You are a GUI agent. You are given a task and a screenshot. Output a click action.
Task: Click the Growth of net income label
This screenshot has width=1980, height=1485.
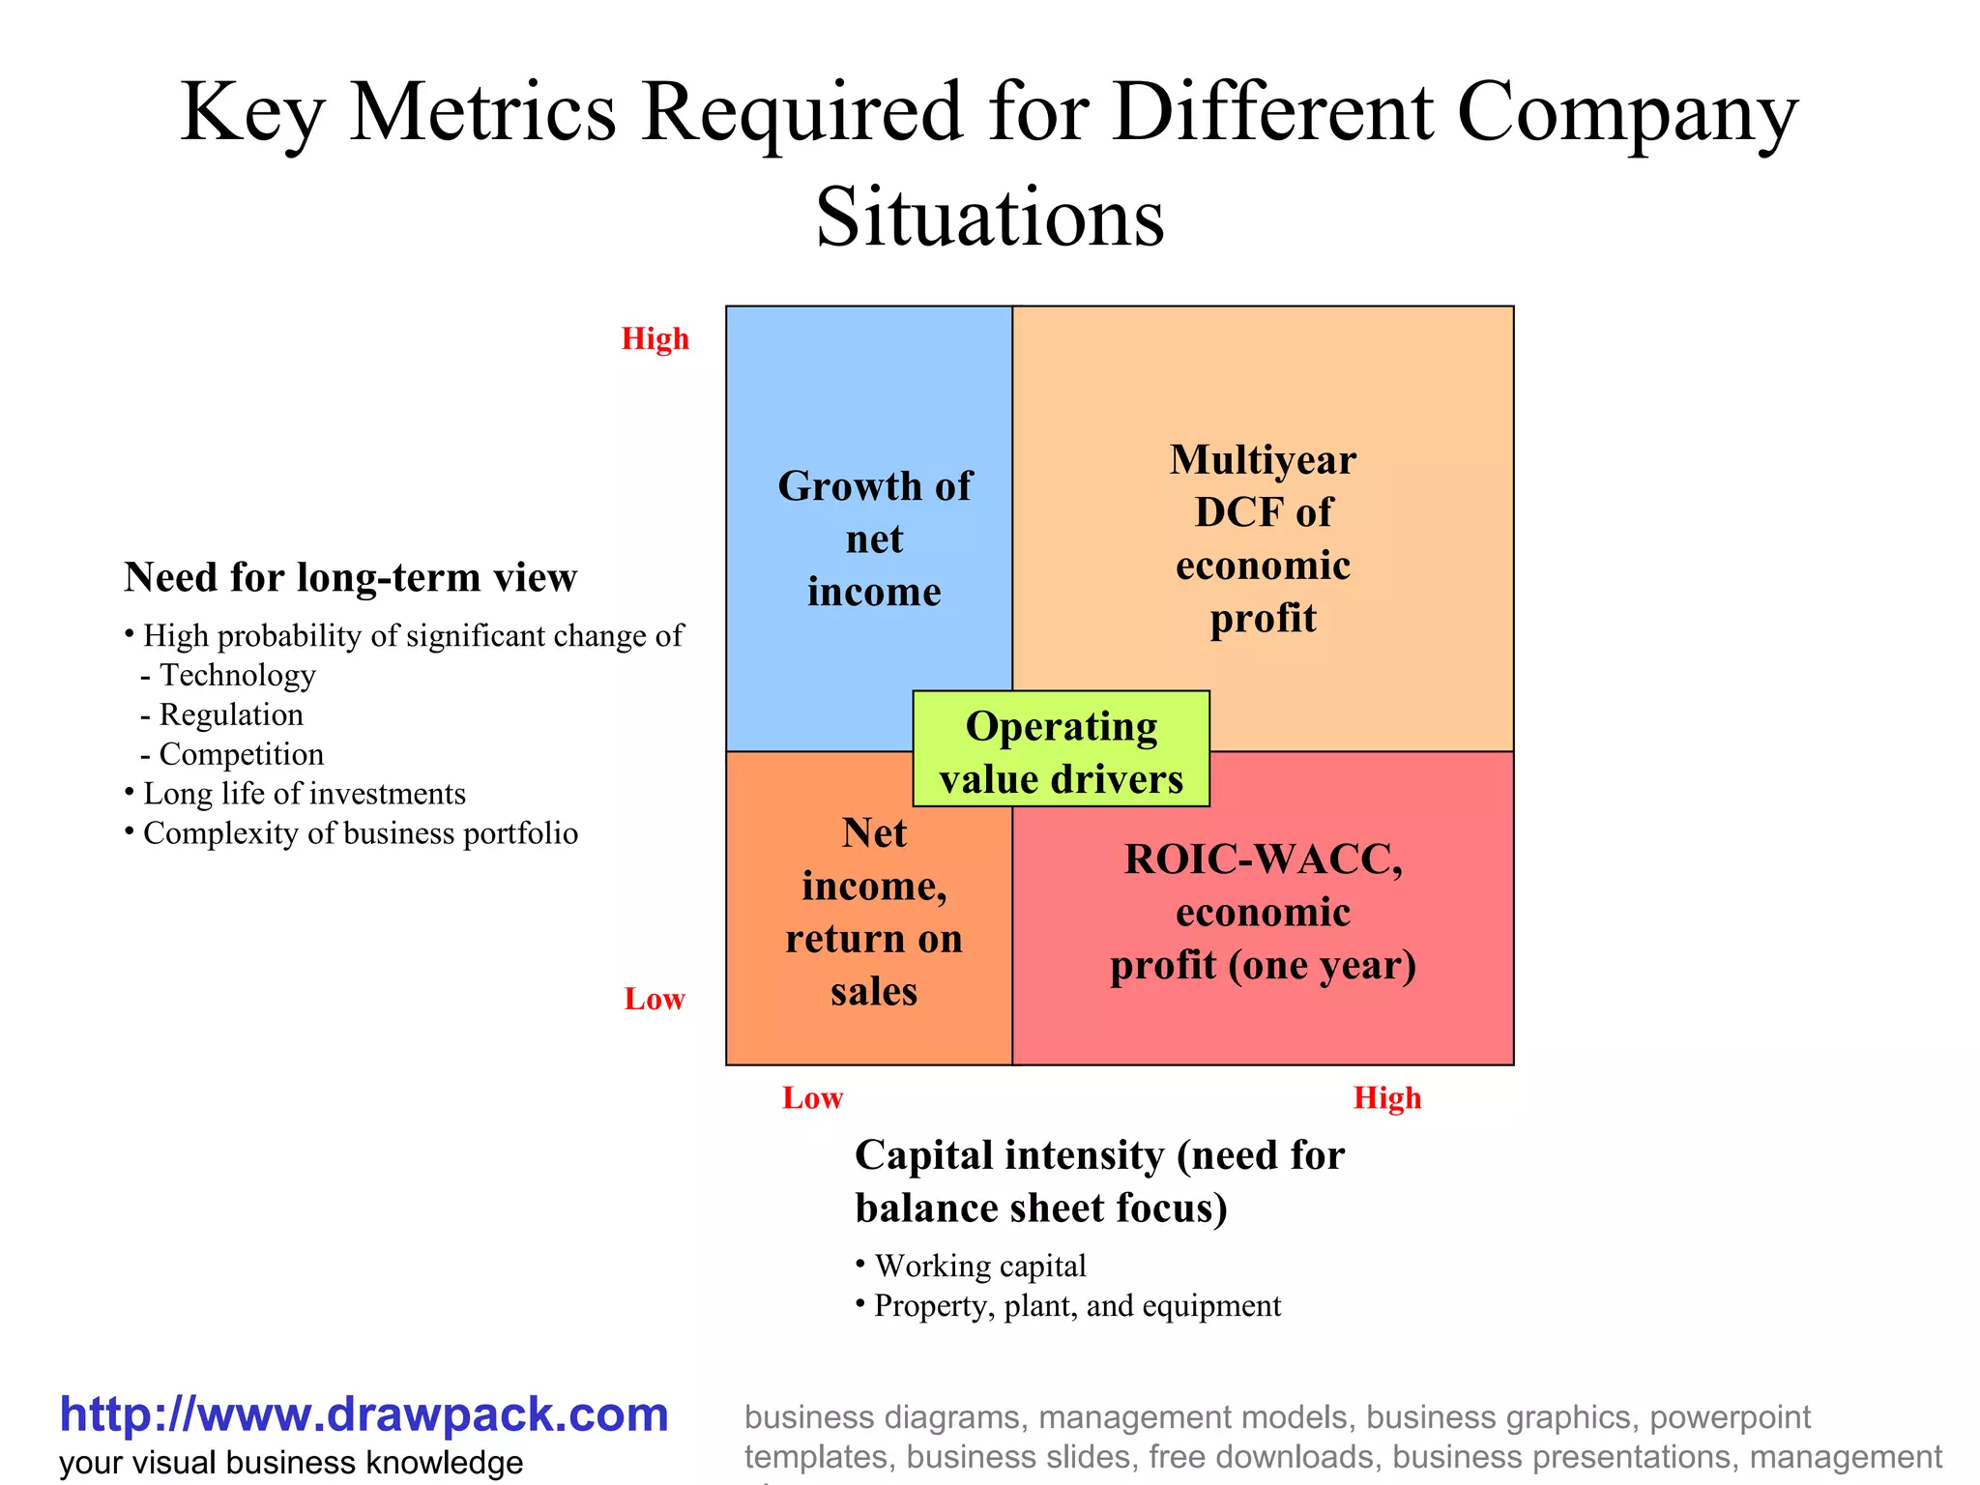click(874, 539)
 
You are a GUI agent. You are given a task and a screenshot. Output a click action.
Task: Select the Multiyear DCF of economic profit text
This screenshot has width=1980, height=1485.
click(1263, 539)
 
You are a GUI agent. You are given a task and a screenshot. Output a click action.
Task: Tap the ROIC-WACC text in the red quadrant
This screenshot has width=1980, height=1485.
click(1263, 859)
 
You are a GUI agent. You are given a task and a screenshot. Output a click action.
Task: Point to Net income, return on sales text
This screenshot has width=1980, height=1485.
click(874, 912)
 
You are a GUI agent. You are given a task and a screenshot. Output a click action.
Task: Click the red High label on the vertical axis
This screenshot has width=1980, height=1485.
click(655, 339)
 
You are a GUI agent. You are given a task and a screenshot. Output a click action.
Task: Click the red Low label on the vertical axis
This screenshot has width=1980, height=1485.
click(655, 999)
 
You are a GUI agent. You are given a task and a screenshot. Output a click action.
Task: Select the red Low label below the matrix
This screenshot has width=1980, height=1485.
click(812, 1098)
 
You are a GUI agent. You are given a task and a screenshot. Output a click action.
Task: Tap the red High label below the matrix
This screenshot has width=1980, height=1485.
click(1386, 1098)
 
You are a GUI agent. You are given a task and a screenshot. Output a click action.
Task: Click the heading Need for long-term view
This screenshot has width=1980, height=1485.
click(350, 577)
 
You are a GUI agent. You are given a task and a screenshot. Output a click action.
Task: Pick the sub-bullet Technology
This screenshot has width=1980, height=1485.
click(237, 675)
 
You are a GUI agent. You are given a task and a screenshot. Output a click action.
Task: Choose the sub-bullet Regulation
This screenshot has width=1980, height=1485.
click(231, 714)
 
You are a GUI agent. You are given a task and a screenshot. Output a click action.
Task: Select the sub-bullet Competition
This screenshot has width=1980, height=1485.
click(241, 754)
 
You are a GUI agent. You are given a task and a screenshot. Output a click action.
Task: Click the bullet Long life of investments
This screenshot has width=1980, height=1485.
click(304, 794)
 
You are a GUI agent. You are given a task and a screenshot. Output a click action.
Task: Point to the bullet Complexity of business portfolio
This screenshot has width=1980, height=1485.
click(360, 833)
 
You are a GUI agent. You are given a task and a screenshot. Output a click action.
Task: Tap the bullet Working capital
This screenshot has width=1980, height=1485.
click(979, 1266)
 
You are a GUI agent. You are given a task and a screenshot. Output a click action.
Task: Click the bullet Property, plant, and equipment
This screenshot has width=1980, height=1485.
click(1076, 1306)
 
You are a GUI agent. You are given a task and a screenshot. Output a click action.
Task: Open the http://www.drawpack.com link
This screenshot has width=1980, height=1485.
click(364, 1414)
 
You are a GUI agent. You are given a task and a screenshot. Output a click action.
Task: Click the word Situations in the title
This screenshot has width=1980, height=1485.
click(990, 217)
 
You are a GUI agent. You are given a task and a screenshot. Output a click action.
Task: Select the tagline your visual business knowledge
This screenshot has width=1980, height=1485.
click(290, 1463)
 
